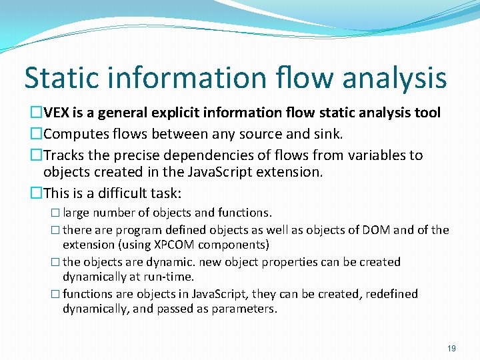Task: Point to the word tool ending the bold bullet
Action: pos(426,113)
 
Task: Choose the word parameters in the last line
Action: pos(244,309)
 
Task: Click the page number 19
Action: pos(452,348)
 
